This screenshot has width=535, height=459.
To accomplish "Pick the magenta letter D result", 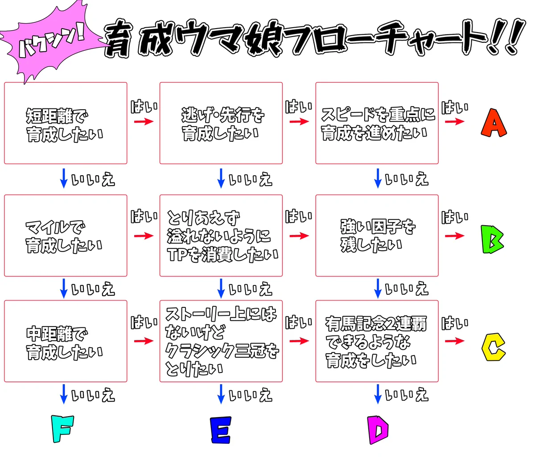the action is point(378,430).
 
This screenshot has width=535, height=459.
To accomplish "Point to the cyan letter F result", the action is point(62,429).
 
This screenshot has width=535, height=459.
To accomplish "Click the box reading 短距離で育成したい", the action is point(66,123).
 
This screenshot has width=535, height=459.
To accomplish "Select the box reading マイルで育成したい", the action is point(66,235).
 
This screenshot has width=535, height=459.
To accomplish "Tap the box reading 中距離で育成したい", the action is point(66,341).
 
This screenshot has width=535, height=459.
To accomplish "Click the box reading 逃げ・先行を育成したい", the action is point(221,123).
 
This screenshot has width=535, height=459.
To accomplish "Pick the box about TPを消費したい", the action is point(221,235).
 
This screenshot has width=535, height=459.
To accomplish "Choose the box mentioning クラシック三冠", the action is point(221,341).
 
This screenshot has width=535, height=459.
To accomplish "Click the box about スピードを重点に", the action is point(377,123).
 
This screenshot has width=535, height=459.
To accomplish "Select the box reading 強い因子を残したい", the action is point(377,235).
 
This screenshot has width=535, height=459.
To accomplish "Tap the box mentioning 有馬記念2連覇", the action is point(377,341).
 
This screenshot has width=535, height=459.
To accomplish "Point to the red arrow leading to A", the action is point(454,121).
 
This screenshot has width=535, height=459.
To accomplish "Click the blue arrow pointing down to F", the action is point(64,394).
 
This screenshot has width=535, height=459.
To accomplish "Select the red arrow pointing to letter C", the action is point(454,341).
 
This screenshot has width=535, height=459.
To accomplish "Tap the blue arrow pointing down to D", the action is point(378,394).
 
